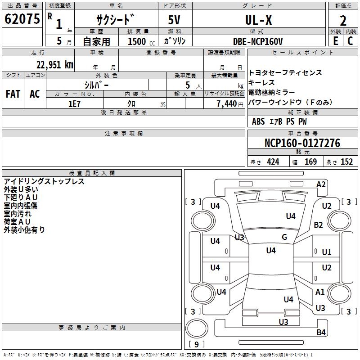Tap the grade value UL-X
pyautogui.click(x=258, y=20)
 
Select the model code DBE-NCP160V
pyautogui.click(x=258, y=41)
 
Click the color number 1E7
pyautogui.click(x=74, y=103)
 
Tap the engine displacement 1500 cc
pyautogui.click(x=137, y=41)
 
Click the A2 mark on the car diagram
pyautogui.click(x=321, y=184)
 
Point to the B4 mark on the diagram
pyautogui.click(x=321, y=333)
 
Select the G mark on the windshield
pyautogui.click(x=284, y=237)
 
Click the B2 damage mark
pyautogui.click(x=319, y=225)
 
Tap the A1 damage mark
pyautogui.click(x=320, y=292)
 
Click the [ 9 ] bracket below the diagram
pyautogui.click(x=196, y=344)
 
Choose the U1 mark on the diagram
pyautogui.click(x=327, y=252)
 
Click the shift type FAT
pyautogui.click(x=13, y=94)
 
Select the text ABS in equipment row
pyautogui.click(x=258, y=121)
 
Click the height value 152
pyautogui.click(x=346, y=162)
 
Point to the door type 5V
pyautogui.click(x=175, y=20)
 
